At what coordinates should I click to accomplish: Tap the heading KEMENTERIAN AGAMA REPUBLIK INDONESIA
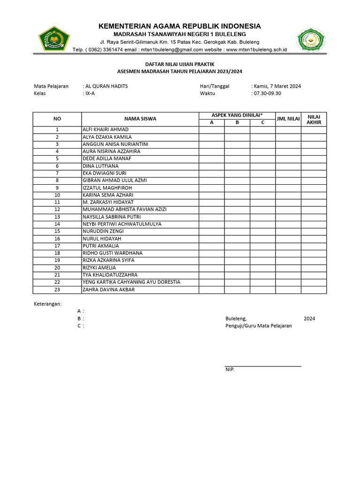click(180, 26)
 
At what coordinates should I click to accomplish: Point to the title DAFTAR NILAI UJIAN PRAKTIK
click(180, 64)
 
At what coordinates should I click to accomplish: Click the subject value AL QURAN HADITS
click(106, 86)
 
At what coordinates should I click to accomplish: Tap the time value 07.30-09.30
click(267, 93)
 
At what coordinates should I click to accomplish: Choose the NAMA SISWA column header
click(140, 119)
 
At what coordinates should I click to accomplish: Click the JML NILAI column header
click(288, 119)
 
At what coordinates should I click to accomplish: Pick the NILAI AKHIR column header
click(314, 119)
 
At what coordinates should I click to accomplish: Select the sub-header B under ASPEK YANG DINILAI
click(237, 123)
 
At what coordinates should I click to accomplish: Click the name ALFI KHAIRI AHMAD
click(105, 130)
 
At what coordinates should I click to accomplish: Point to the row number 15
click(57, 231)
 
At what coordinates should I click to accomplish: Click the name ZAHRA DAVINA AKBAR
click(108, 290)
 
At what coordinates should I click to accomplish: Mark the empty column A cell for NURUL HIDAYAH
click(211, 239)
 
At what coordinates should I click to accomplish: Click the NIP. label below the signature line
click(230, 370)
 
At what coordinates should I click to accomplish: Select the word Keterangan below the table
click(47, 304)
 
